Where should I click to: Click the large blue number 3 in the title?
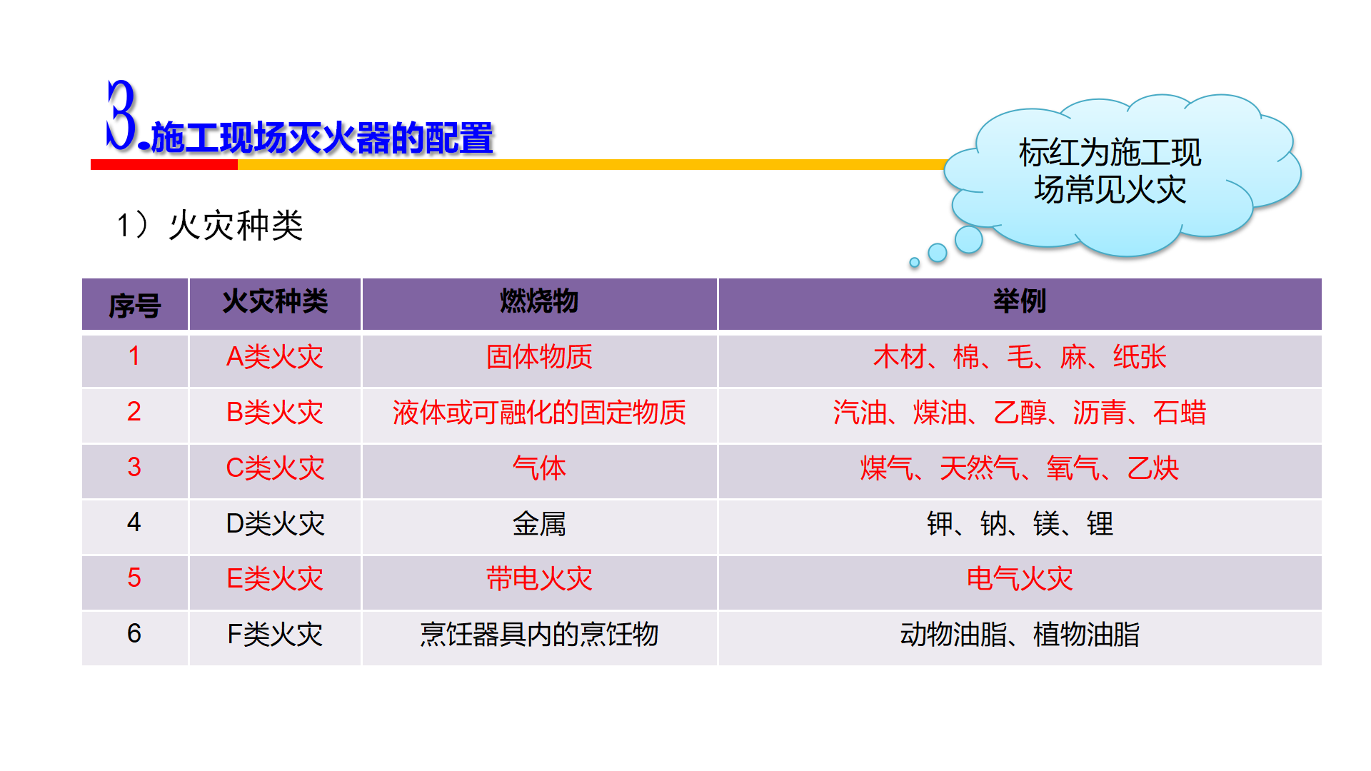[121, 115]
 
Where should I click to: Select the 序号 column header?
[135, 306]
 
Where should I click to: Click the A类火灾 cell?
[275, 356]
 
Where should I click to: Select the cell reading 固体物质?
[539, 356]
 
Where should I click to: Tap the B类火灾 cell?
[275, 412]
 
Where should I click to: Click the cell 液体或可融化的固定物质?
[539, 412]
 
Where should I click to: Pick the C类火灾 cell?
[275, 468]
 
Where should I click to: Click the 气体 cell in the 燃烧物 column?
[539, 468]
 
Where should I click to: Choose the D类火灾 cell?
[275, 523]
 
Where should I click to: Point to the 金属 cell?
[539, 523]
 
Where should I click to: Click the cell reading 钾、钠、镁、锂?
[1020, 523]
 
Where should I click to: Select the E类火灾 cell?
[275, 578]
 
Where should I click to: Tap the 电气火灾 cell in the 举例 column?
[1020, 578]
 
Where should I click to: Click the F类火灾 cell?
[275, 634]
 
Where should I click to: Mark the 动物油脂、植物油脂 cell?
[1020, 634]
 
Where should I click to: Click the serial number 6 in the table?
[134, 633]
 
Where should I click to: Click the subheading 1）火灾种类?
[210, 225]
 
